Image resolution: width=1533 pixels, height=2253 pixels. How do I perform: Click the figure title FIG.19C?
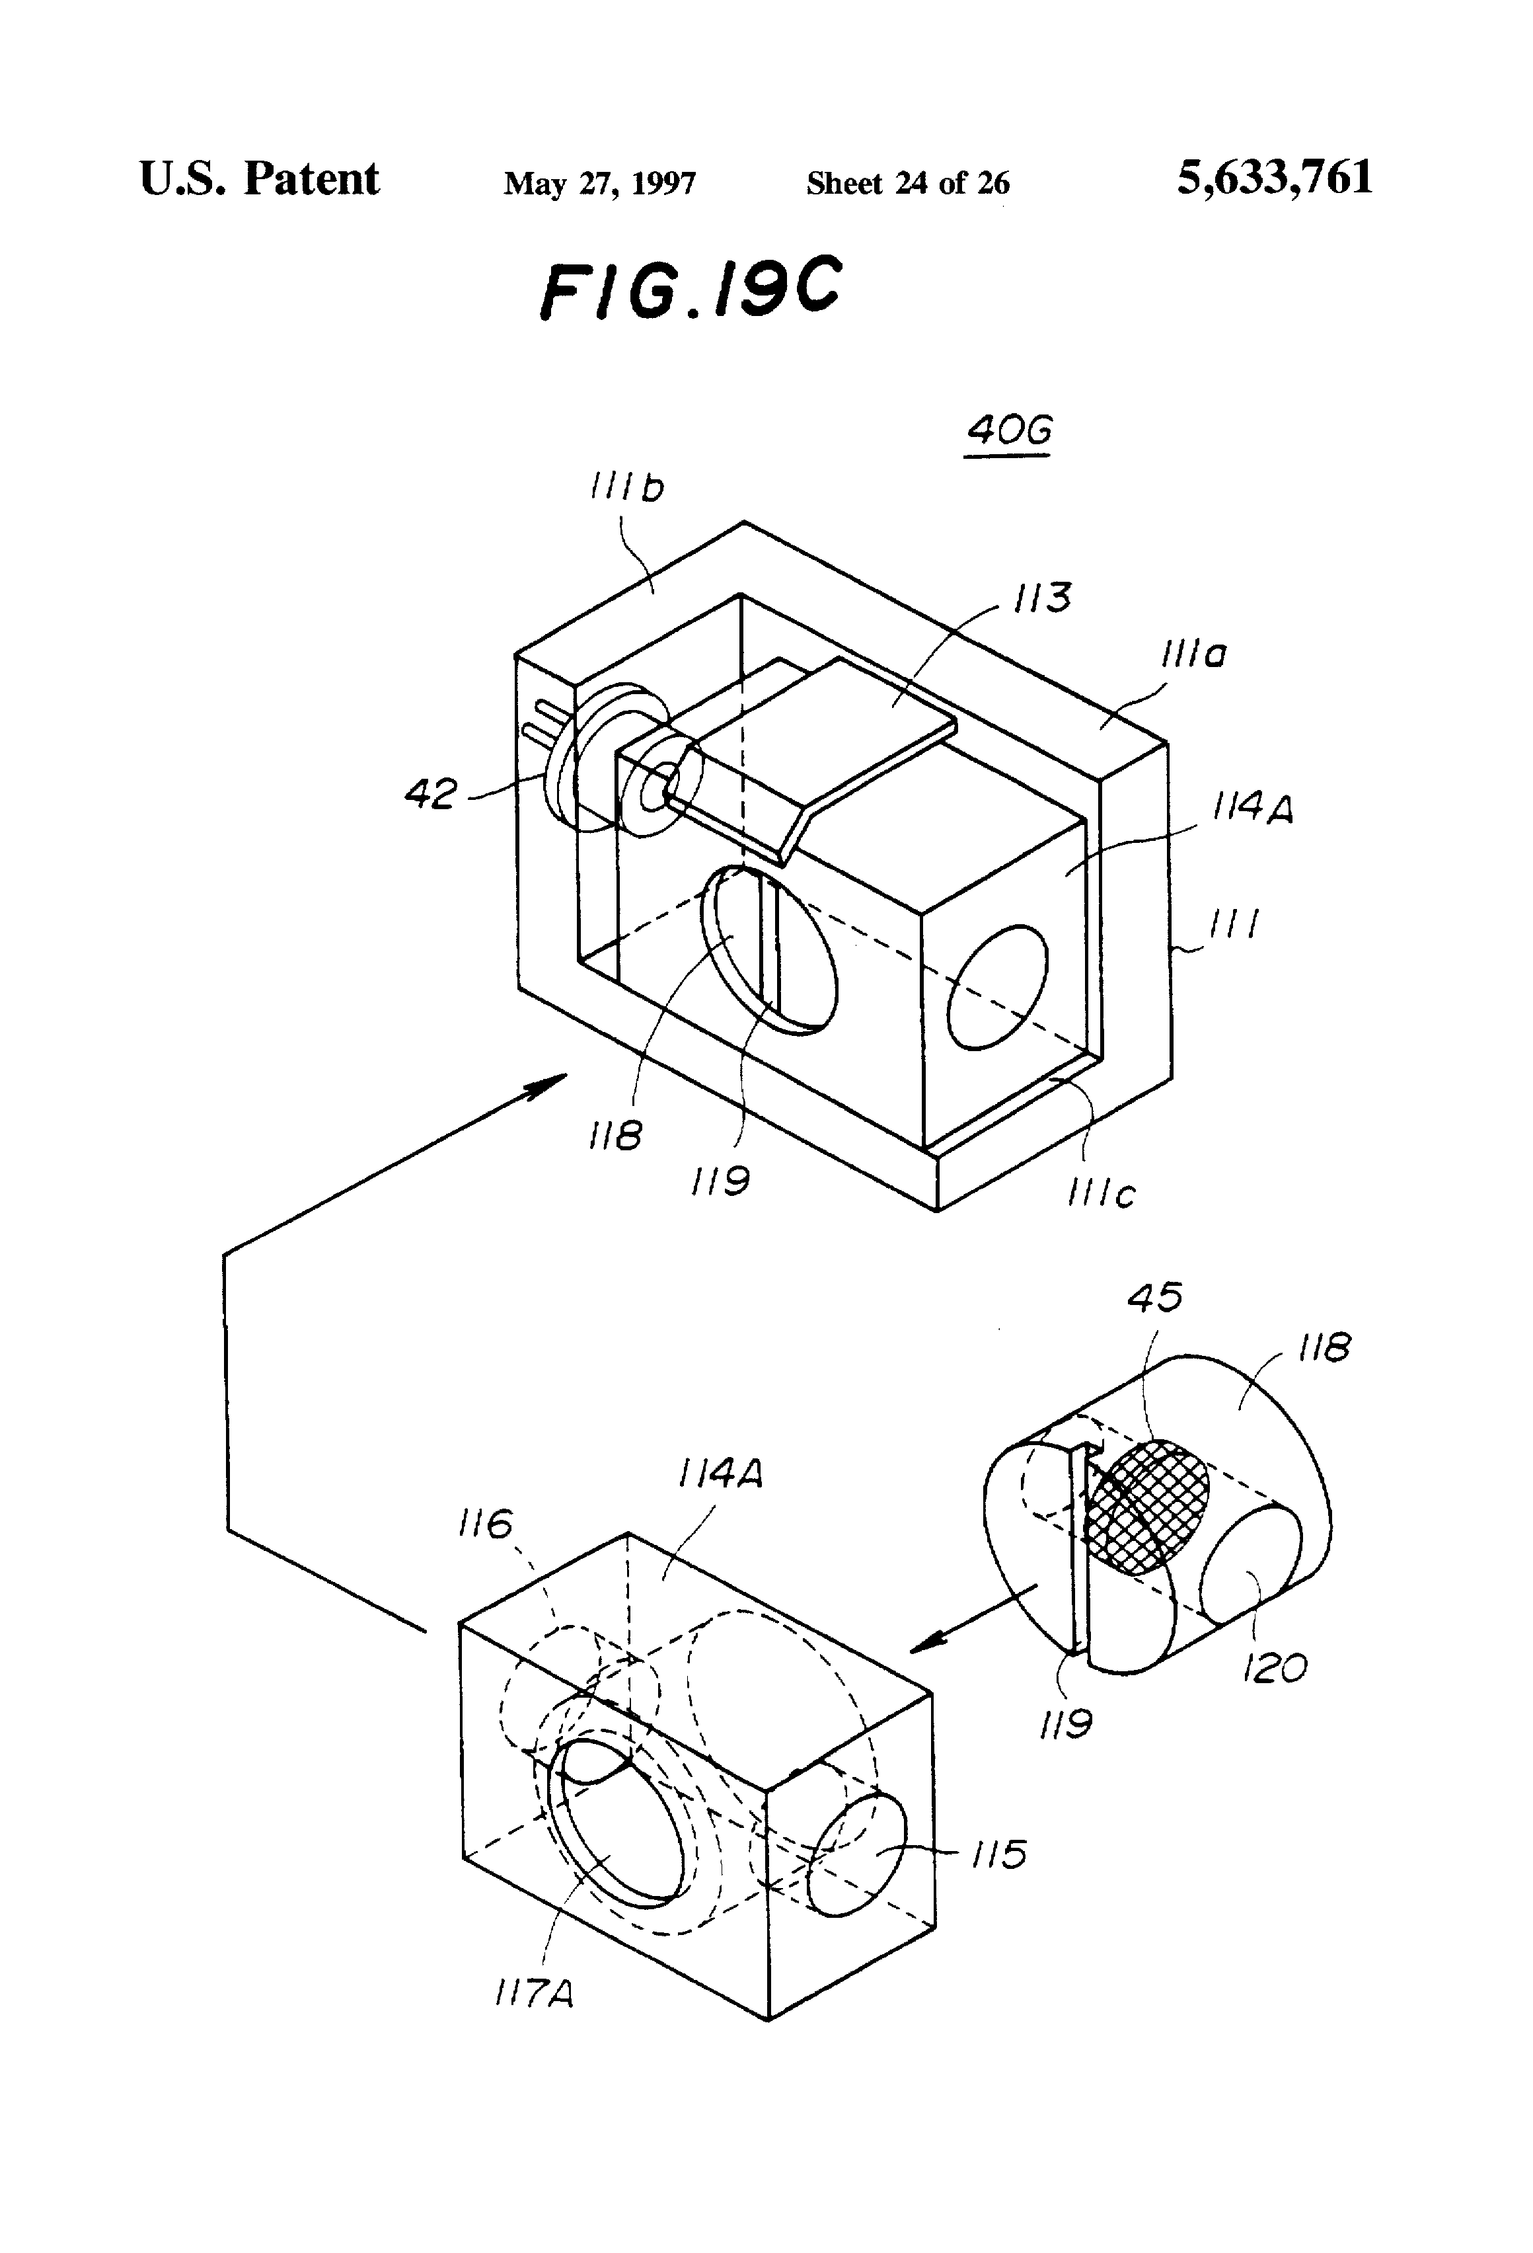(x=690, y=289)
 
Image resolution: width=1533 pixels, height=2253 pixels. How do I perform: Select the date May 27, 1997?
(x=599, y=183)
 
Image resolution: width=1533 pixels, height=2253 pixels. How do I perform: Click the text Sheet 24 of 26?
(x=907, y=182)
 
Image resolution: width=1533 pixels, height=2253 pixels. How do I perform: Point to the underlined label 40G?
(x=1009, y=430)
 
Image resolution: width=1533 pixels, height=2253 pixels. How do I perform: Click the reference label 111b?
(x=628, y=488)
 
